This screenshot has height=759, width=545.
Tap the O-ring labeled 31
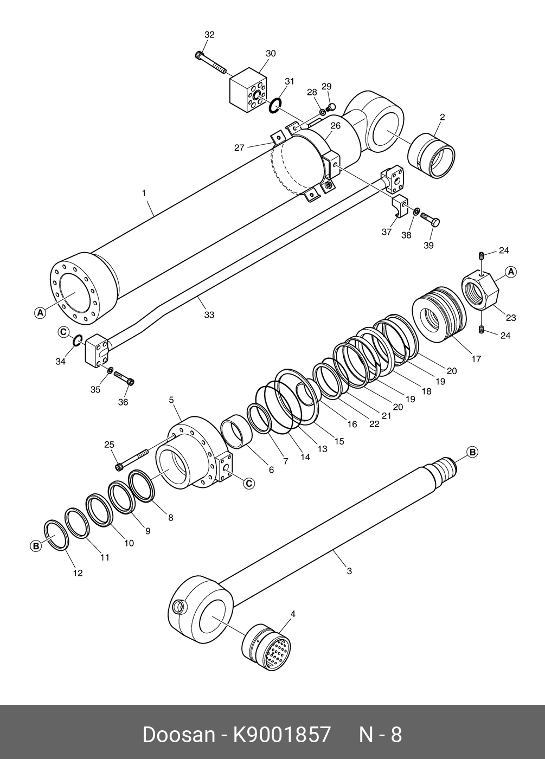[275, 105]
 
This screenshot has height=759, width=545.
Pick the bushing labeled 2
[432, 156]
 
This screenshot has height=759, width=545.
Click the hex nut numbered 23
[480, 291]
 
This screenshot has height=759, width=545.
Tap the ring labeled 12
[56, 535]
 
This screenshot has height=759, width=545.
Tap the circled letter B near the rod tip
[472, 452]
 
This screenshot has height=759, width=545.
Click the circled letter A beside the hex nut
[510, 272]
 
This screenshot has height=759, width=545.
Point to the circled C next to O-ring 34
[63, 332]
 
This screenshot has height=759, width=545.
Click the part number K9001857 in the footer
[281, 735]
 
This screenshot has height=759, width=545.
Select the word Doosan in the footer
[178, 735]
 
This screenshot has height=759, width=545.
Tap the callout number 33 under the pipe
[209, 315]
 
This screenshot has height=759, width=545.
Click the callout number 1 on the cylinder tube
[144, 192]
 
